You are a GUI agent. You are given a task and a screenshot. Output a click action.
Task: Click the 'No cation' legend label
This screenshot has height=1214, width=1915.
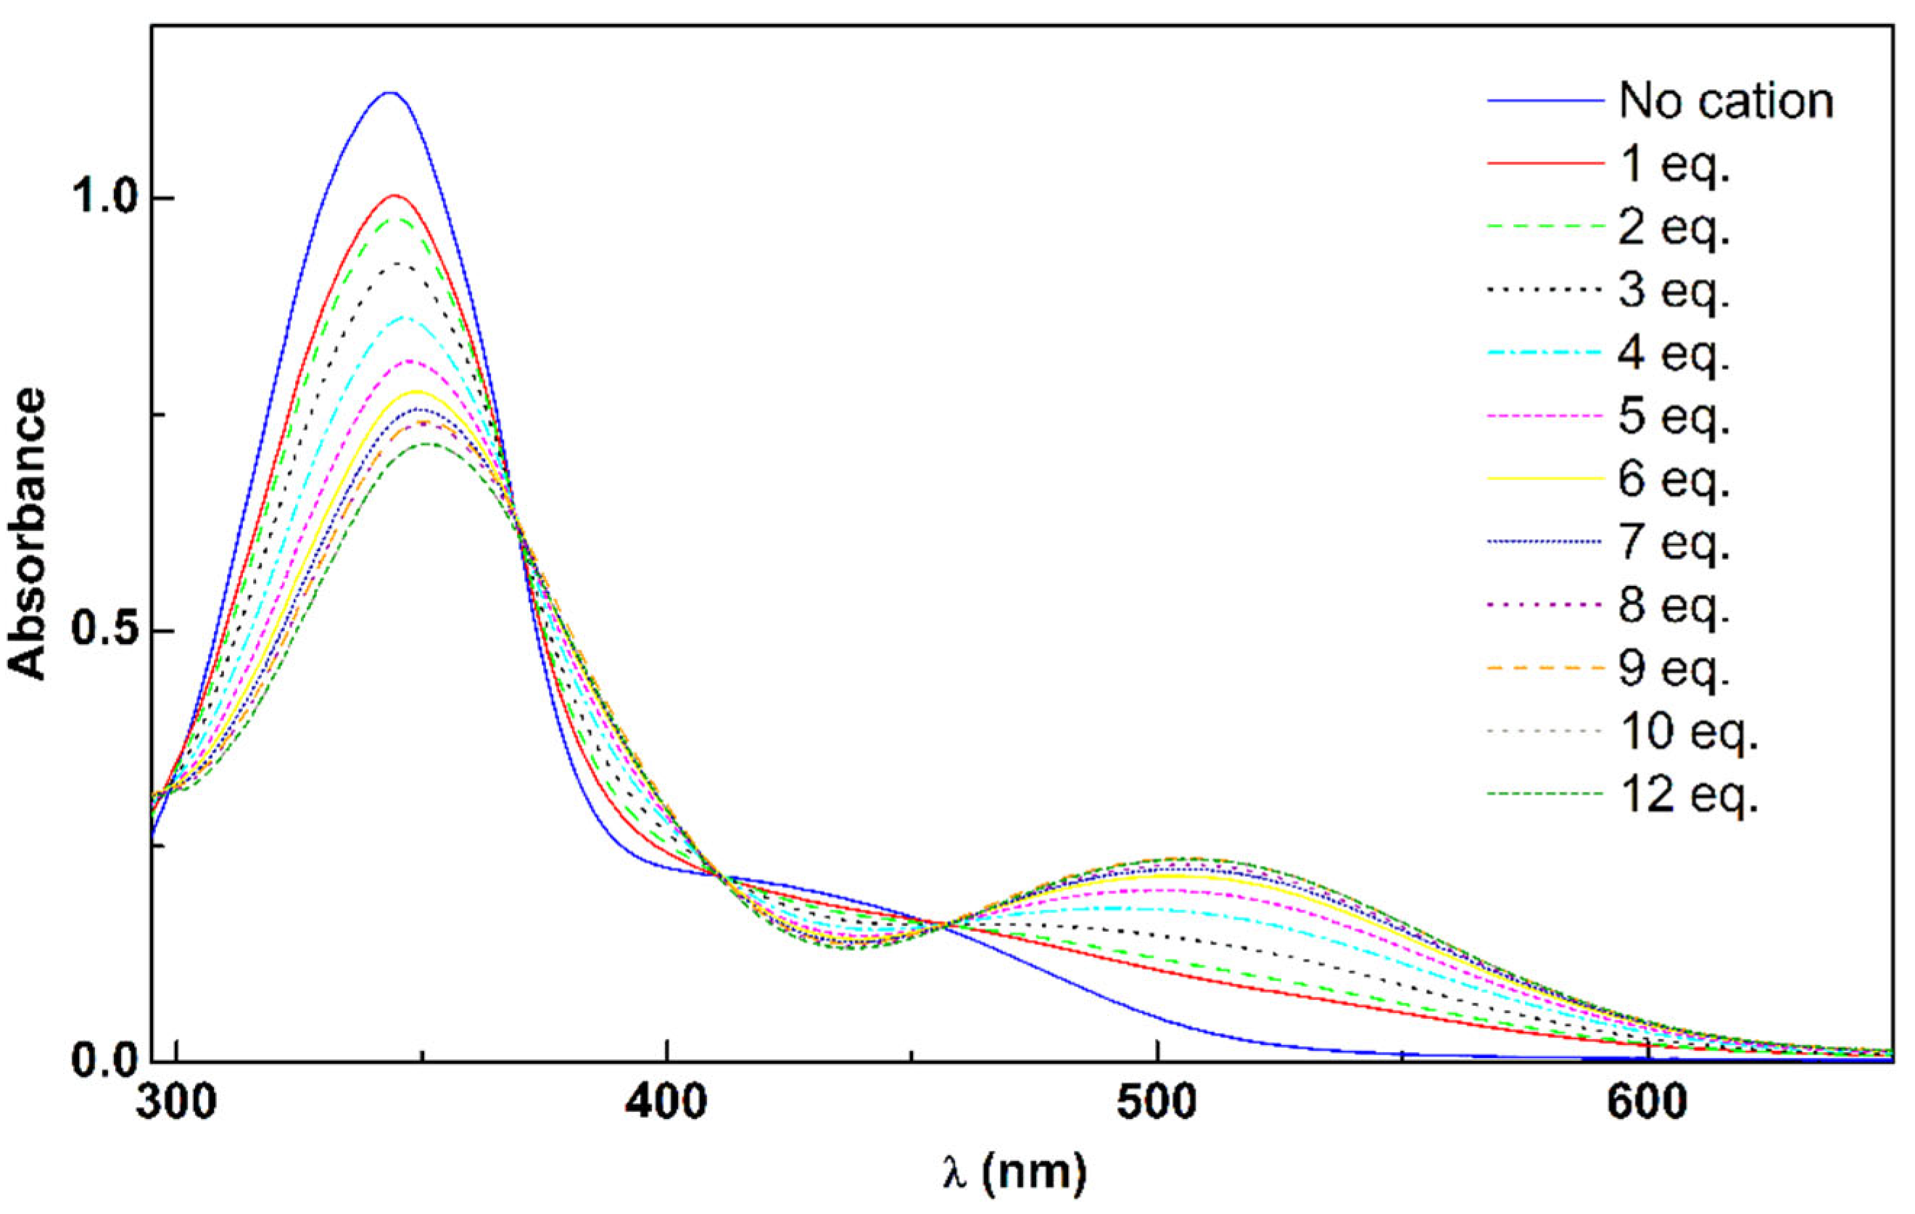coord(1726,102)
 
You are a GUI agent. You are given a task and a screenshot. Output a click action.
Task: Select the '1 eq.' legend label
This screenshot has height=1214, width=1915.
coord(1674,165)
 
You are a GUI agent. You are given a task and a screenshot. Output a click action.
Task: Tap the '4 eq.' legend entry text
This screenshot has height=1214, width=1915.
coord(1674,353)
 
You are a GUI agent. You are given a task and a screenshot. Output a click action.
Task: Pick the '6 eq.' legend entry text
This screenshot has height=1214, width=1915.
coord(1674,479)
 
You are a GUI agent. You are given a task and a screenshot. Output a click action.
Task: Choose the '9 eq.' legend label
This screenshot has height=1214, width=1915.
coord(1674,668)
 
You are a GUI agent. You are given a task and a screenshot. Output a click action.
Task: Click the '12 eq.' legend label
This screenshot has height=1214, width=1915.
coord(1687,795)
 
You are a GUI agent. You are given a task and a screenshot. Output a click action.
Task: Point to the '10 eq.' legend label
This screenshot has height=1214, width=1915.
coord(1687,731)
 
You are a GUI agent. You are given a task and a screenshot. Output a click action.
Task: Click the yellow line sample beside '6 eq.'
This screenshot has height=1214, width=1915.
coord(1544,479)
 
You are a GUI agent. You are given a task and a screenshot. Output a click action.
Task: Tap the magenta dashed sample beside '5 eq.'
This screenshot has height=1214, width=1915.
coord(1544,416)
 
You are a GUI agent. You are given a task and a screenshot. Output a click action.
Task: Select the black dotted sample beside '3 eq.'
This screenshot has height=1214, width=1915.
coord(1544,290)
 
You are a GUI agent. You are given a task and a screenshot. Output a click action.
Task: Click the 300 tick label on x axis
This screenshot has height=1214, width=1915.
coord(176,1102)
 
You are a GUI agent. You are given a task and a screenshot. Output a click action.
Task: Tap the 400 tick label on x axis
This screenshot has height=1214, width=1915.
coord(666,1102)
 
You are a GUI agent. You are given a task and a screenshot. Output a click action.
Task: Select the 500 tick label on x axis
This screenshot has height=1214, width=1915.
coord(1157,1102)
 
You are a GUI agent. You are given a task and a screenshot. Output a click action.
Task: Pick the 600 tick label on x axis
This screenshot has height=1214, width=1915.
coord(1646,1102)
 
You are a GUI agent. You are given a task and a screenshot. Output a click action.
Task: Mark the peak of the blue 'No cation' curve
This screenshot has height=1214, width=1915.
coord(389,92)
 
